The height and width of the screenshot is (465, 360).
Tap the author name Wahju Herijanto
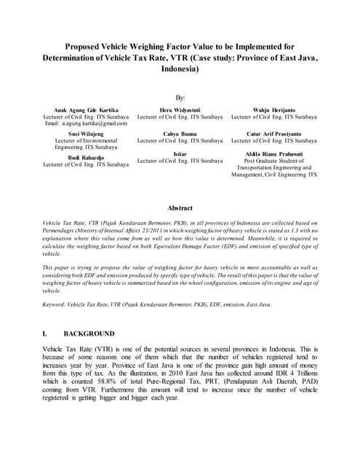pos(274,110)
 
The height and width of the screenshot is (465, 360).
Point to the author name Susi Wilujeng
pos(86,134)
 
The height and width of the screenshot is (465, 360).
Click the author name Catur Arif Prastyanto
pos(274,134)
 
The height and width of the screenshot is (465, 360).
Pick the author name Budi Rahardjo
pos(86,157)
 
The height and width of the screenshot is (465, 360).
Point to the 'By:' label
pos(180,97)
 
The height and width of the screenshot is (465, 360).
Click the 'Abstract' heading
pos(180,208)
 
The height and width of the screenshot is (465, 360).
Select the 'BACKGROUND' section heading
pos(89,333)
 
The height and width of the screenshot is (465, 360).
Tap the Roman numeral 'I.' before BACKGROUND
pos(47,333)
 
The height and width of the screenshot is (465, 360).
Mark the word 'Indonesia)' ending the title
pos(180,70)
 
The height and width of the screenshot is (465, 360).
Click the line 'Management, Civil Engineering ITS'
pos(274,174)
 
